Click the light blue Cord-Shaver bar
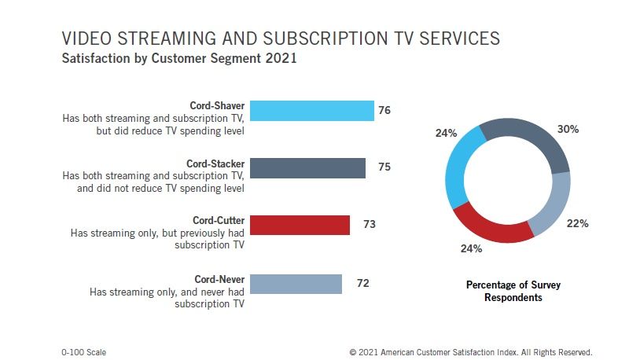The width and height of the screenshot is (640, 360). pos(311,111)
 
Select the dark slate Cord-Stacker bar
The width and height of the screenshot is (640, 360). pos(307,167)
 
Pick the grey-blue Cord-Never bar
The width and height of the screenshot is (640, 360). pos(296,283)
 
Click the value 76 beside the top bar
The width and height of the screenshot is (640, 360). pos(384,111)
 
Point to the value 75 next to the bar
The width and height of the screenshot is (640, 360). pos(384,167)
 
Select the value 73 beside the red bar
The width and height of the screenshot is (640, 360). pos(369,225)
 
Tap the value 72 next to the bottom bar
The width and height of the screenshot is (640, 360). pos(362,283)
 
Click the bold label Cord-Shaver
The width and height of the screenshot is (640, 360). pos(217,105)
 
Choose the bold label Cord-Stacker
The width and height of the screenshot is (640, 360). pos(215,163)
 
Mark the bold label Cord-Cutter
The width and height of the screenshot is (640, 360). pos(219,220)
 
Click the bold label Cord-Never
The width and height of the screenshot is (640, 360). pos(219,279)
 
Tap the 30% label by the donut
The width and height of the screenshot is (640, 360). pos(568,129)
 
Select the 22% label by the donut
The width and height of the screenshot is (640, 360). pos(578,223)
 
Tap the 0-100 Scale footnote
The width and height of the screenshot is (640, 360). pos(83,352)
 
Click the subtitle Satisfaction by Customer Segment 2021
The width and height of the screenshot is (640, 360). pos(178,58)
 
